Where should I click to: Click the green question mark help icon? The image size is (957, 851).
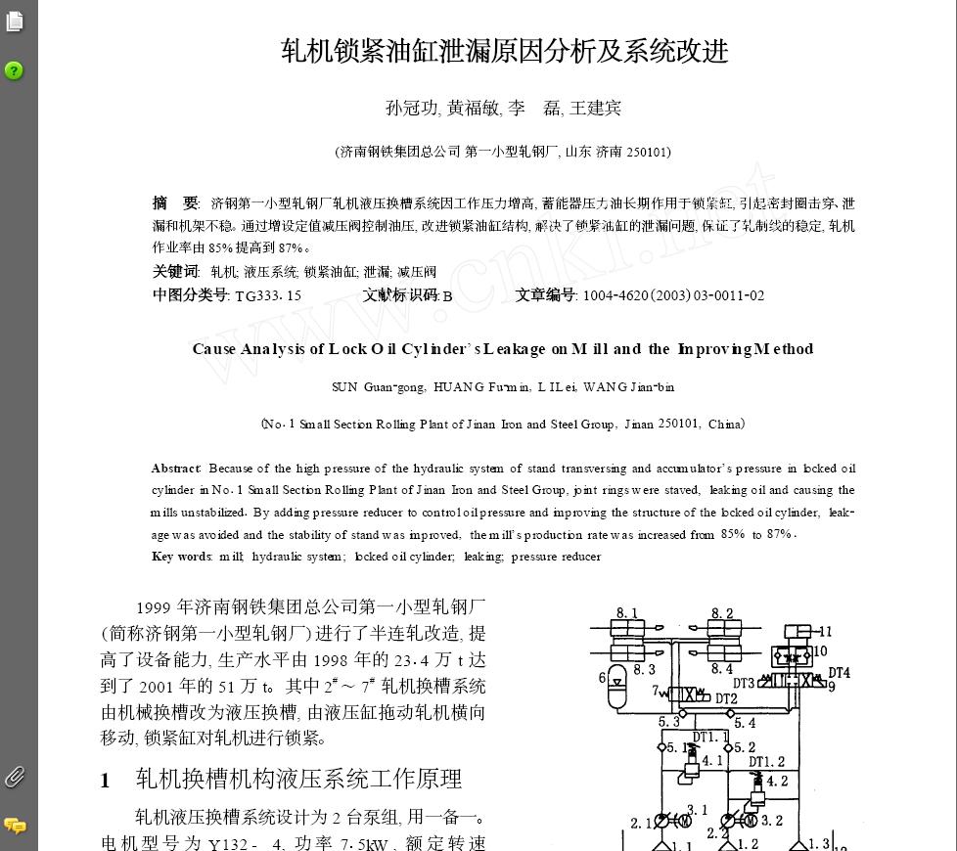14,70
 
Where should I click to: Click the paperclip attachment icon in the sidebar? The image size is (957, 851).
14,778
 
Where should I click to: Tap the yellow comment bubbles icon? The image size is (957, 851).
15,826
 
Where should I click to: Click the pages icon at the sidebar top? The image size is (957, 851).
14,21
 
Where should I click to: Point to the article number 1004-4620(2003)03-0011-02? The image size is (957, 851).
673,295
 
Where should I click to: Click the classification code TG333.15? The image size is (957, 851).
268,295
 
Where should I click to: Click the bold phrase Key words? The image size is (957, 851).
182,557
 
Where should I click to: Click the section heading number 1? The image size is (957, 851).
106,781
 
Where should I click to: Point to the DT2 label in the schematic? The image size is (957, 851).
725,699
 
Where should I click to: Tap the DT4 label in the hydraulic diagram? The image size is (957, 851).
839,673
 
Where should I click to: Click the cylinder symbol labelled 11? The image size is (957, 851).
799,633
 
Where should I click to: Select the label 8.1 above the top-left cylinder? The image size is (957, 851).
626,613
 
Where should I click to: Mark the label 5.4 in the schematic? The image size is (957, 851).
745,724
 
